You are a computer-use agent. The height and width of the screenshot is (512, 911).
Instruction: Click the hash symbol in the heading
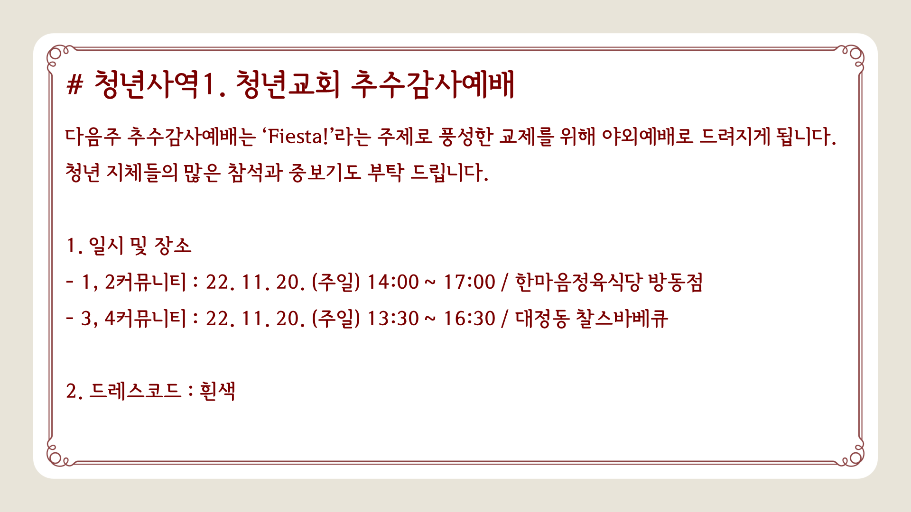point(75,85)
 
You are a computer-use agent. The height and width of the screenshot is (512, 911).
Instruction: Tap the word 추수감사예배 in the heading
point(433,85)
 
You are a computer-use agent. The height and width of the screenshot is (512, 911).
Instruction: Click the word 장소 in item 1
point(173,246)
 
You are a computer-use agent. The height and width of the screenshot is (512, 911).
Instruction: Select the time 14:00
point(393,282)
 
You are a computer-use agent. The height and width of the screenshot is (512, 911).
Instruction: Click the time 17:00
point(469,282)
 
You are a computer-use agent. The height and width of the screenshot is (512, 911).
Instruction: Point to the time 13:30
point(393,319)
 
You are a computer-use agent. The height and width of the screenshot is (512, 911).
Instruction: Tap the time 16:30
point(469,319)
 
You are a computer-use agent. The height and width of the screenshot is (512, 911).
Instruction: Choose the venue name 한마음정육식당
point(578,282)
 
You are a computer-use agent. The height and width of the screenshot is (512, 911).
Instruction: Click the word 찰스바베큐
point(622,319)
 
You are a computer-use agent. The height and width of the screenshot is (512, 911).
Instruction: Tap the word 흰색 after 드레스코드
point(218,392)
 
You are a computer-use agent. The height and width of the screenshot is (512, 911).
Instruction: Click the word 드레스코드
point(135,392)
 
